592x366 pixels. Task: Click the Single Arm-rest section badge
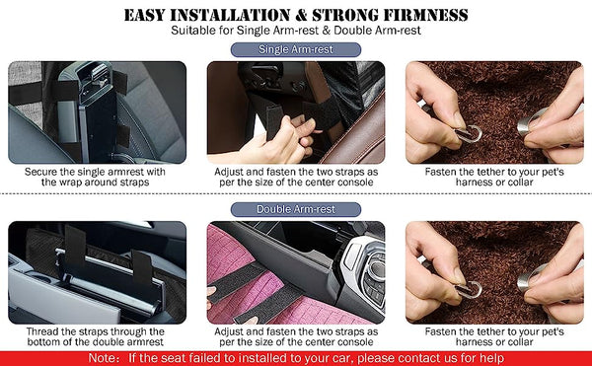(x=295, y=49)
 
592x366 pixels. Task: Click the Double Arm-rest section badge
(x=295, y=209)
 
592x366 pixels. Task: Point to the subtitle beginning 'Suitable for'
(x=295, y=32)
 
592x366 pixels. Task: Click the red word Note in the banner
(x=106, y=357)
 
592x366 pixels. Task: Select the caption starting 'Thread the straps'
(x=95, y=337)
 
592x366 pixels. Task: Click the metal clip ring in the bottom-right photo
(x=472, y=288)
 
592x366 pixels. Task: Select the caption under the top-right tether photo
(x=492, y=177)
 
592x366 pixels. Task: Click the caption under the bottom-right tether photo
(x=492, y=337)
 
